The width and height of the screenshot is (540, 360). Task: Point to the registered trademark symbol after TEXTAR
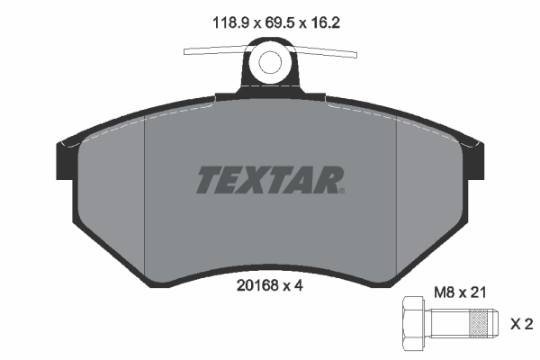click(x=341, y=190)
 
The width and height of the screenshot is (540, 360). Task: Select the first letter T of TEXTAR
click(x=208, y=180)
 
